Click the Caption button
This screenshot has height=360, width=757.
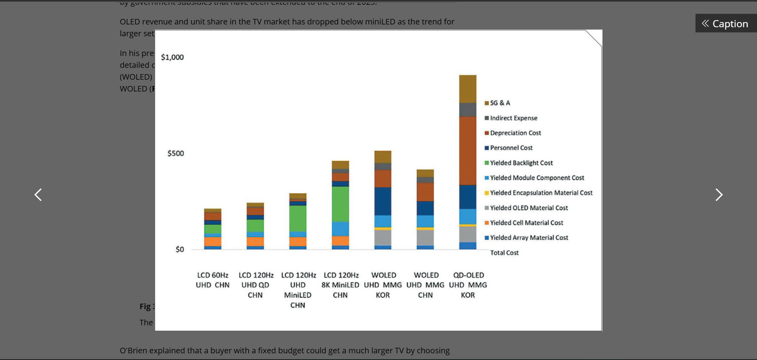[725, 24]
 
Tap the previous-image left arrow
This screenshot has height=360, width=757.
[38, 195]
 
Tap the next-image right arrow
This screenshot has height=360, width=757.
[719, 195]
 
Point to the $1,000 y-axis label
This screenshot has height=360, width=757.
[172, 57]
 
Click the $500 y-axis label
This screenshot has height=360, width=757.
[175, 153]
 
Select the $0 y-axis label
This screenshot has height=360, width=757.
[180, 249]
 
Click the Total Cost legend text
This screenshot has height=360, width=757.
[504, 253]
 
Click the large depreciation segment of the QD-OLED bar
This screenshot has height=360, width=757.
[468, 151]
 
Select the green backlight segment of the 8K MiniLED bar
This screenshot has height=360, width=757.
[340, 204]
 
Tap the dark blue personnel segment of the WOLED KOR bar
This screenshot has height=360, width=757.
[382, 201]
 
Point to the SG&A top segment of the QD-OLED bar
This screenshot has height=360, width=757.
[468, 89]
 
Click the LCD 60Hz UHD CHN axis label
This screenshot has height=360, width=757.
[213, 280]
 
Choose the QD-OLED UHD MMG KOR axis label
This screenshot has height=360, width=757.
[468, 285]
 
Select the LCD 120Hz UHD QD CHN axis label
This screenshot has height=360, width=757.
[255, 285]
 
